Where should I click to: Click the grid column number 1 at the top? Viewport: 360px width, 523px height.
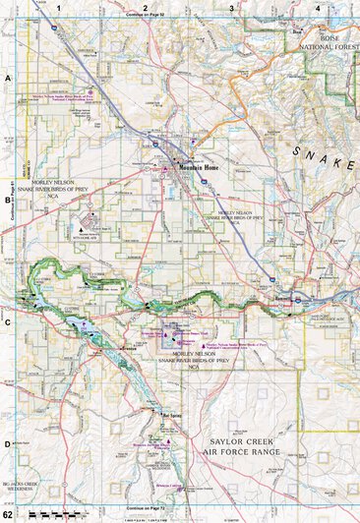click(x=59, y=8)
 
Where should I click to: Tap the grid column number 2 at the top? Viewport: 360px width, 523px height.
click(x=145, y=8)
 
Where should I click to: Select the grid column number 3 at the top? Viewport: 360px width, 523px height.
click(x=231, y=8)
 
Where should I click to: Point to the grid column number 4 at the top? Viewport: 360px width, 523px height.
click(x=317, y=8)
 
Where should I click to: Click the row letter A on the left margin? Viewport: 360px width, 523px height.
click(x=8, y=76)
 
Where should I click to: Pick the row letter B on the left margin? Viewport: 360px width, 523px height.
click(x=8, y=196)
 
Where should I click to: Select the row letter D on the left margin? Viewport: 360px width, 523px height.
click(x=8, y=443)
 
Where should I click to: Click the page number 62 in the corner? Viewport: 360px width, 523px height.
click(x=8, y=515)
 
